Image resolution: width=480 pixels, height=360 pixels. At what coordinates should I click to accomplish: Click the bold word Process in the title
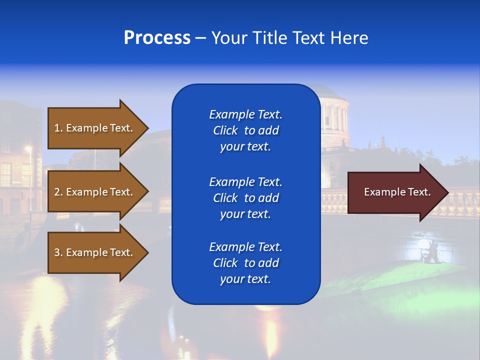pos(157,38)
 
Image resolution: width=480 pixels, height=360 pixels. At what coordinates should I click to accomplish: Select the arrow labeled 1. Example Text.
pos(95,128)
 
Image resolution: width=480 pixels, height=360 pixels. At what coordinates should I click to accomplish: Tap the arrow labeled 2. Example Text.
pos(95,192)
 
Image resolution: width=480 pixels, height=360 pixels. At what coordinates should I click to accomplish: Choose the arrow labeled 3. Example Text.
pos(95,252)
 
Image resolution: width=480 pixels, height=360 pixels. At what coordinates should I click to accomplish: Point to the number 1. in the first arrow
pos(58,128)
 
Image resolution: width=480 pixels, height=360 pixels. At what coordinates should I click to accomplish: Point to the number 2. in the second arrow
pos(58,192)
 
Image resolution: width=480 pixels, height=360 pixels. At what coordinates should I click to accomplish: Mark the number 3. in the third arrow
pos(58,252)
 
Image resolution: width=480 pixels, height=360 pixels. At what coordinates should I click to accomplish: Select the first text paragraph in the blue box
pos(245,130)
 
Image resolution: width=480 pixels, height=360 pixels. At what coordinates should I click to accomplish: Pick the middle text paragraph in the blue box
pos(245,198)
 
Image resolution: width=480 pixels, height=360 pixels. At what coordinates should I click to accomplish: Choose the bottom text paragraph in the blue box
pos(245,263)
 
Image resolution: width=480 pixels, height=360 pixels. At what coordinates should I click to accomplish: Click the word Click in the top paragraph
pos(225,130)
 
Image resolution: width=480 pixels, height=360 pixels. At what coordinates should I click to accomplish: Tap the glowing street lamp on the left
pos(28,148)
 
